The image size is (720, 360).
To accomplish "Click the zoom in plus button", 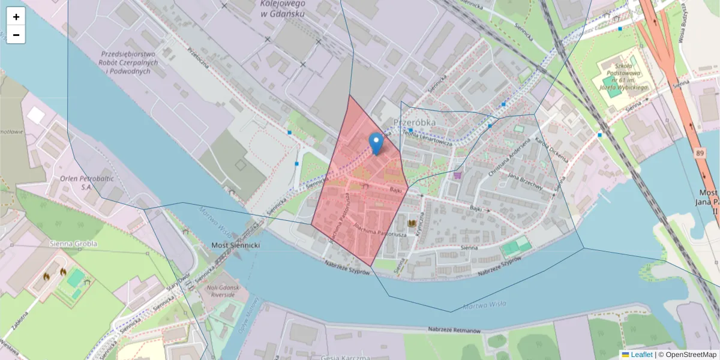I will pos(16,17).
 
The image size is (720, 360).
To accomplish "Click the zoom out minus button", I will pos(16,35).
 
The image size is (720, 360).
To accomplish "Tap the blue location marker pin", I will pos(376,143).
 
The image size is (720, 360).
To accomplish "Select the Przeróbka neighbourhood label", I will pos(414,122).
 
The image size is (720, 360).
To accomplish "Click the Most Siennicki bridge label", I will pos(236,246).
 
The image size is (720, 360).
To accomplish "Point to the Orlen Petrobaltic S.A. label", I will pos(76,182).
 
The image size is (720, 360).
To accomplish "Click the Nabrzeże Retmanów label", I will pos(455,331).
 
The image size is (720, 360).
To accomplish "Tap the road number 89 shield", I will pos(701,154).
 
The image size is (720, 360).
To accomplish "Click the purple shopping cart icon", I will pos(458,175).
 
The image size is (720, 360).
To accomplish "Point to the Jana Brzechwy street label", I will pos(525,182).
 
